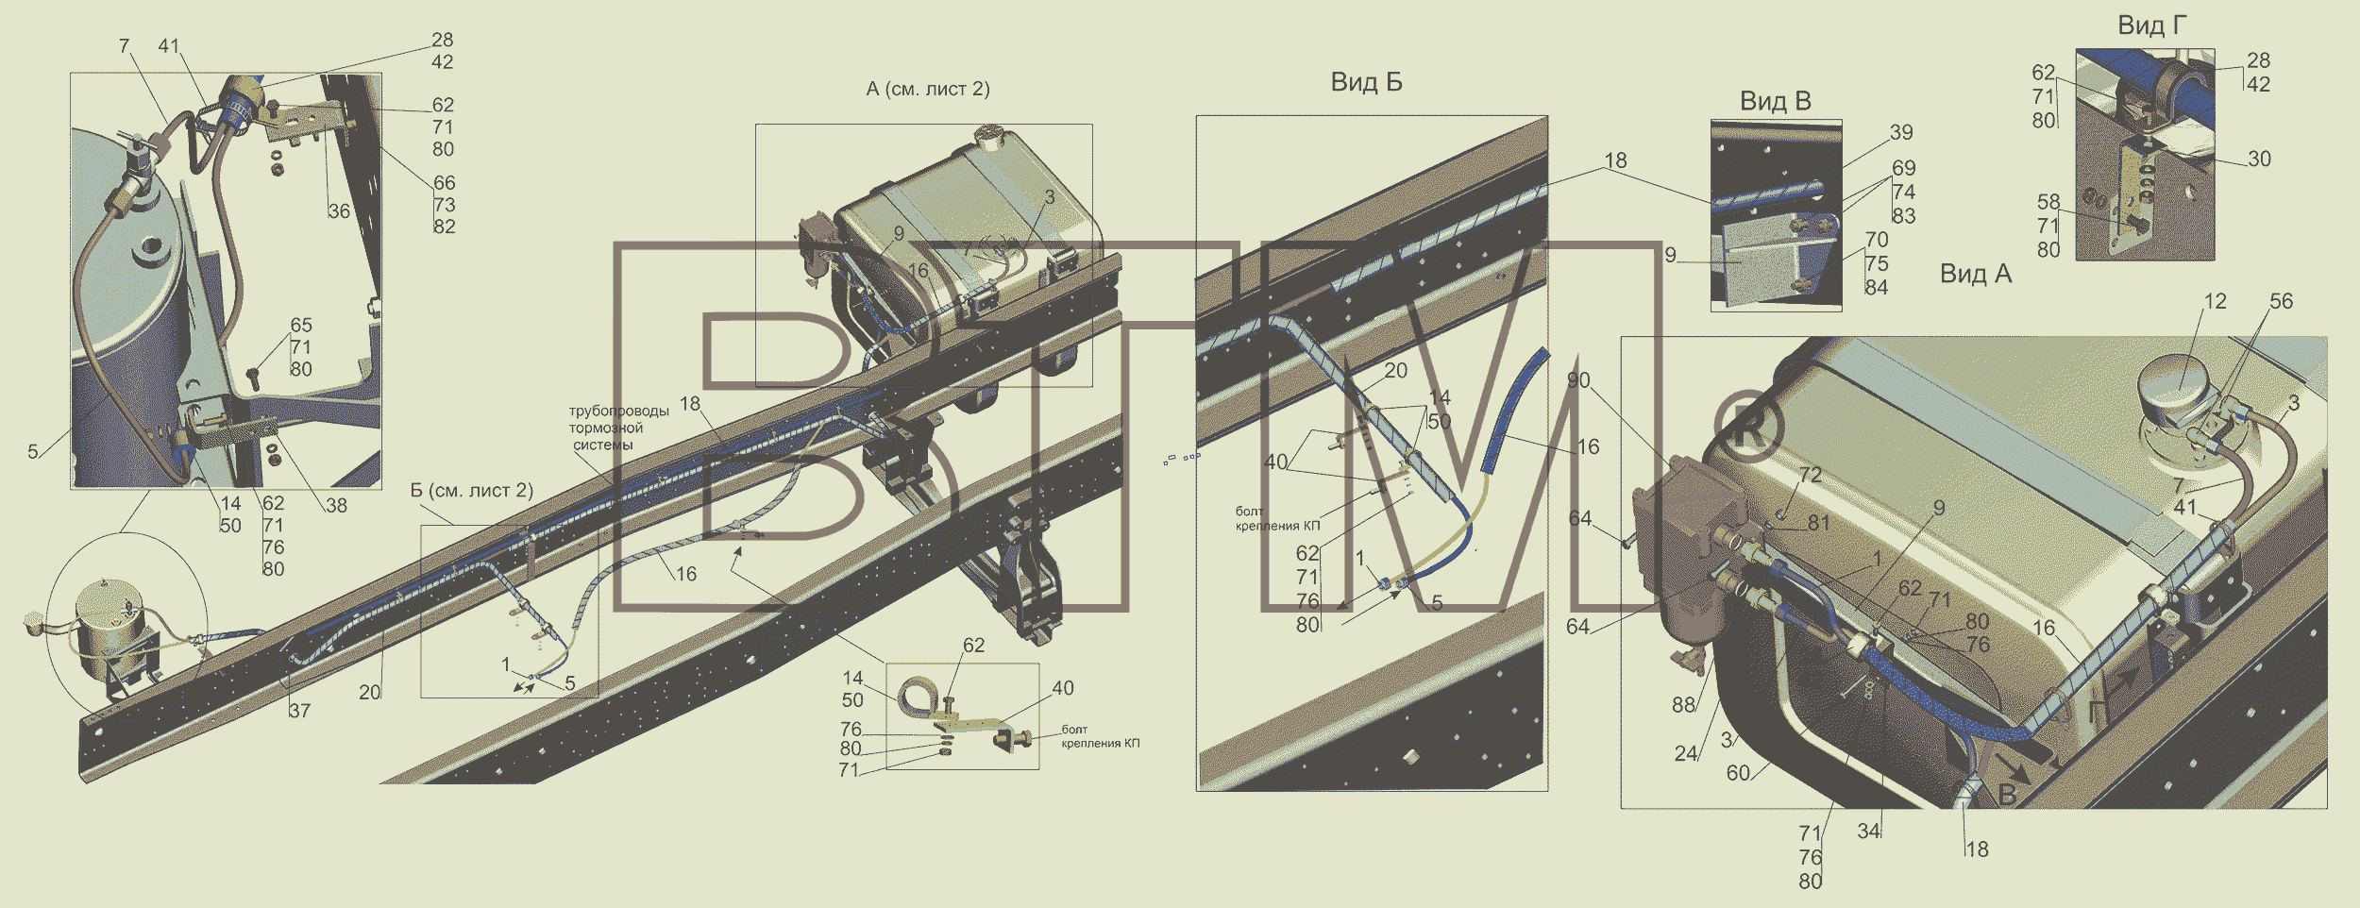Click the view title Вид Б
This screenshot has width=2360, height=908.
coord(1366,82)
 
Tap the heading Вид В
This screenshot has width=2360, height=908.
coord(1775,101)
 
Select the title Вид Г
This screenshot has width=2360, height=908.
coord(2151,25)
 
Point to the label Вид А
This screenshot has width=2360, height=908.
coord(1976,274)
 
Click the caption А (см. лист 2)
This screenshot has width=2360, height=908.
coord(928,89)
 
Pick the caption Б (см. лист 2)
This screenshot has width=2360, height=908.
coord(471,490)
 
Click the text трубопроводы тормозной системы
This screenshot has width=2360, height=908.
coord(618,428)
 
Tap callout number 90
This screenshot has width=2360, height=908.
coord(1578,380)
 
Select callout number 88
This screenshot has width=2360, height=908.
coord(1683,704)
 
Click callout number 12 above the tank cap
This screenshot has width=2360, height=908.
coord(2215,301)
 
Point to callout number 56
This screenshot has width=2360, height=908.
coord(2281,301)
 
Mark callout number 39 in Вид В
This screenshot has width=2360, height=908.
coord(1901,132)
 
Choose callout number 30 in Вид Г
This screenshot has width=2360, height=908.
coord(2259,159)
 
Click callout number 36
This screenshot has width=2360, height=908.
coord(339,210)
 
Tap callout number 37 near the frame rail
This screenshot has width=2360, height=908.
coord(299,711)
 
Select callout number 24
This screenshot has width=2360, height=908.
coord(1686,753)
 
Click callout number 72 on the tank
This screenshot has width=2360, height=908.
coord(1811,475)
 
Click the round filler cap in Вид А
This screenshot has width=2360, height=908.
coord(2176,386)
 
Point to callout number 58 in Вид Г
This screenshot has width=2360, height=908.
coord(2048,202)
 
